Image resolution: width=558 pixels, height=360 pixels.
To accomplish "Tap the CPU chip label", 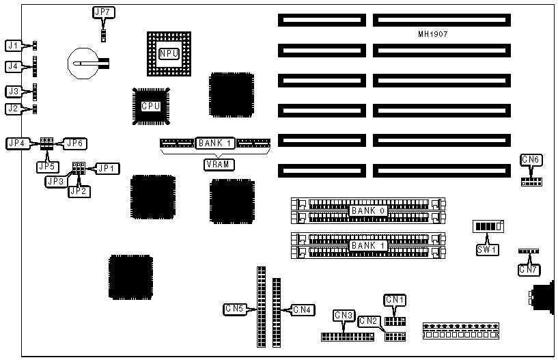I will tap(150, 106).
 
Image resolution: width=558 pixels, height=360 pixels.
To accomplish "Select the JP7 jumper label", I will tap(104, 12).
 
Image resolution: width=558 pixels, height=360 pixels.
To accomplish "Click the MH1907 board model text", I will tap(433, 33).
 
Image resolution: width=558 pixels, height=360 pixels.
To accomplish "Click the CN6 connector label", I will tap(531, 160).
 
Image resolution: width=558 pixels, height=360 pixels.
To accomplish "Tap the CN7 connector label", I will tap(528, 270).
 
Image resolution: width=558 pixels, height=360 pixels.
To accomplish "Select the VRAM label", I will tap(216, 164).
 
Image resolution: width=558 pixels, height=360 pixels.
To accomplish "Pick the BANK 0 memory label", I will tap(368, 211).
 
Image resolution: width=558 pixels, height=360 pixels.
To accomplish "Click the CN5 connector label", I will tap(234, 309).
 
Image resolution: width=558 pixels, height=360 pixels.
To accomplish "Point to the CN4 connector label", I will tap(302, 309).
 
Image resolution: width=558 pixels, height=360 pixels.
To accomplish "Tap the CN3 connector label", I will tap(344, 315).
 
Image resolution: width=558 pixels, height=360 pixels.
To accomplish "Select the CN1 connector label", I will tap(395, 299).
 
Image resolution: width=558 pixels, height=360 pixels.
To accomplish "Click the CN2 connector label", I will tap(368, 320).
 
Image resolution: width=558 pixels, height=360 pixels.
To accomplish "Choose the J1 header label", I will tap(12, 46).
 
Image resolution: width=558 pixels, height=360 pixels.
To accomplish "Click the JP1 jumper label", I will tap(107, 167).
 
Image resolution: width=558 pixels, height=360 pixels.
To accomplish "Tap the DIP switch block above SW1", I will tap(488, 227).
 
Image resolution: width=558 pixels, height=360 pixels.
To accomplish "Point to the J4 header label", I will tap(12, 67).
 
